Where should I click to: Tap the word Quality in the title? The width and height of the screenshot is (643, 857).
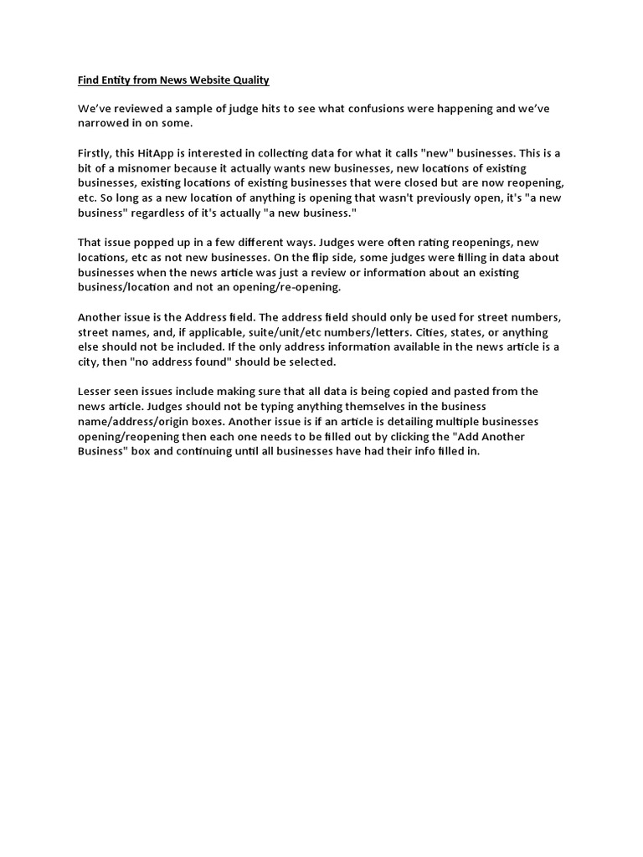(248, 80)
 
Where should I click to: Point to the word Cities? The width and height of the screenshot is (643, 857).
(428, 331)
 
